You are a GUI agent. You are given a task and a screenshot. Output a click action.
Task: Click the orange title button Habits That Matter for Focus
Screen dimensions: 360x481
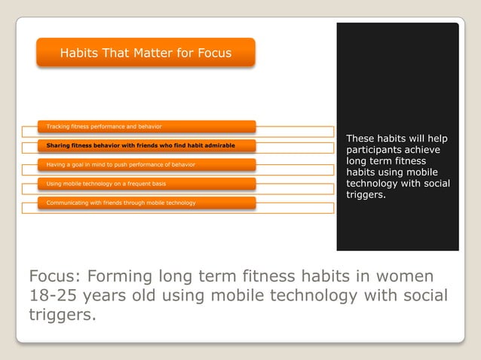click(x=146, y=53)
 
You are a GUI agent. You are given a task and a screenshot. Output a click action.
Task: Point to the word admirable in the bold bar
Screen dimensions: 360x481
click(x=219, y=145)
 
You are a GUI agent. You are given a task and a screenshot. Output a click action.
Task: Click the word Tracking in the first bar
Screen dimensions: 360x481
click(x=58, y=126)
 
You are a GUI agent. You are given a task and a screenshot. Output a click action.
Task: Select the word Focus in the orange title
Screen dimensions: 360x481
click(x=214, y=53)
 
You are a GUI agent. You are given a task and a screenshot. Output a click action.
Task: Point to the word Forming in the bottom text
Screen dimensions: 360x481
click(x=122, y=275)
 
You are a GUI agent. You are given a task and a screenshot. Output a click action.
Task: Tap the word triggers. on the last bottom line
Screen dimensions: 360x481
click(x=62, y=315)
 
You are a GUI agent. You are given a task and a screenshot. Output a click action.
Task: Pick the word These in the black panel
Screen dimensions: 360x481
click(x=361, y=139)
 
